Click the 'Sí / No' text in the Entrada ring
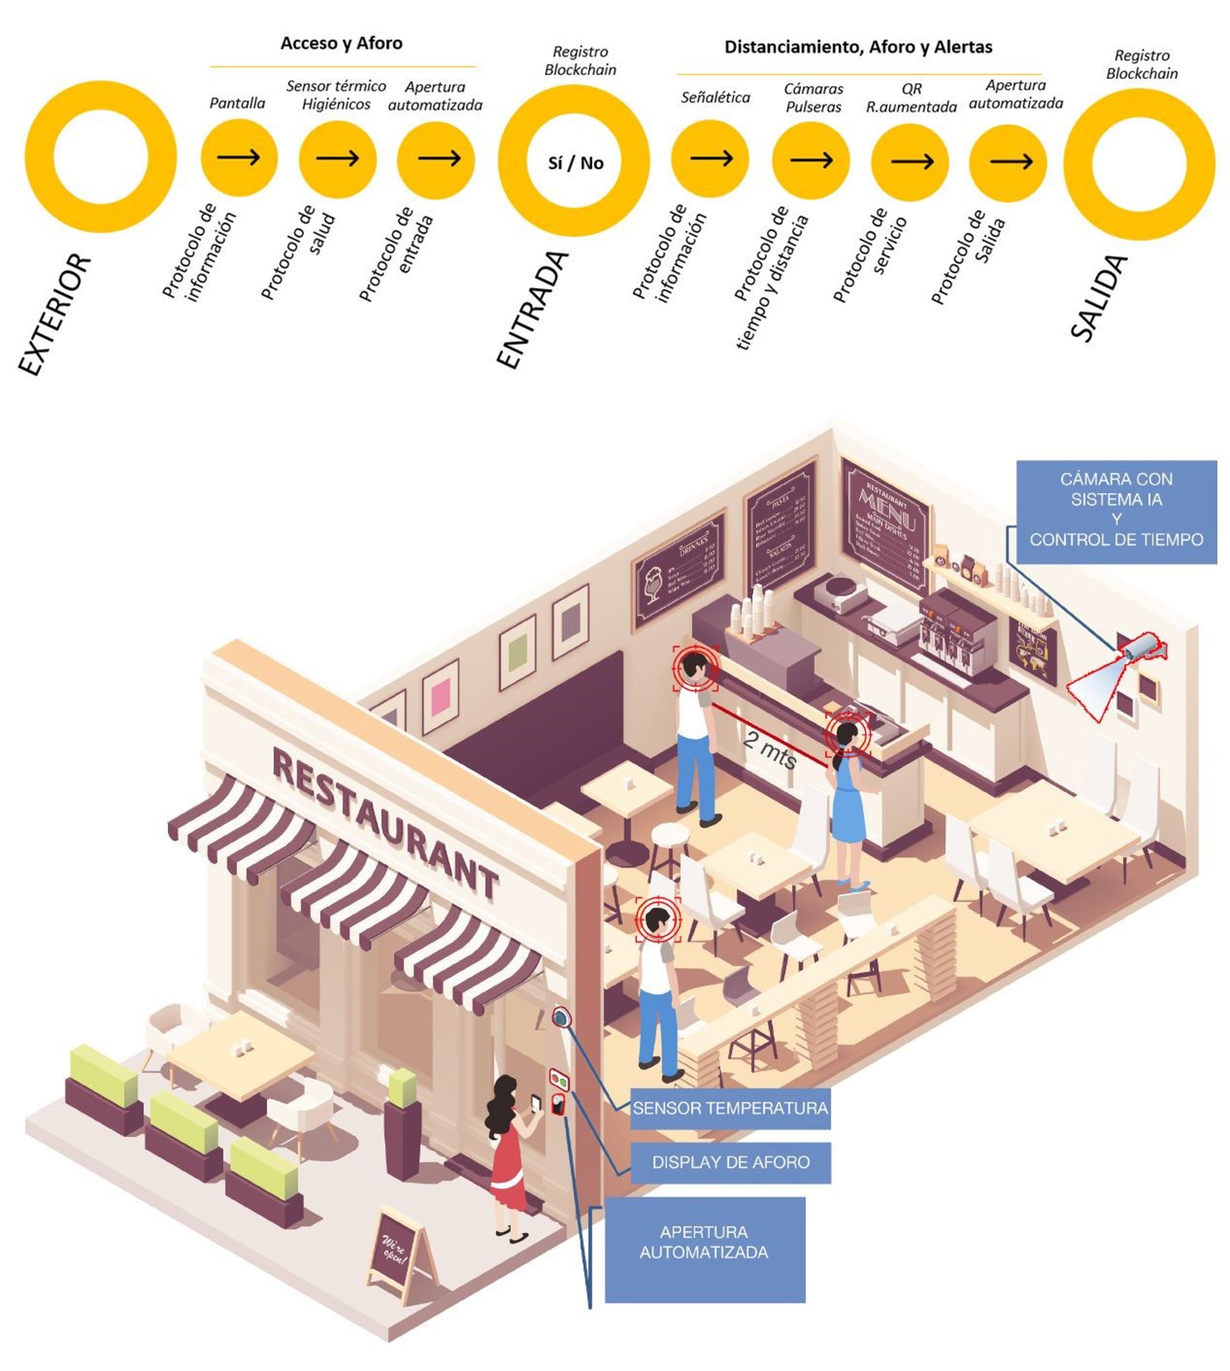coord(575,163)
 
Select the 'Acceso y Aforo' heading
coord(341,44)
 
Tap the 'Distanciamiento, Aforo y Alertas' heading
coord(858,47)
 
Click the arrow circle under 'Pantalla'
coord(238,158)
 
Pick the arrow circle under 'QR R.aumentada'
coord(910,161)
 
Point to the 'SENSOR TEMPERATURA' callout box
coord(730,1108)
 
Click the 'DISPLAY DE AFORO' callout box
coord(730,1162)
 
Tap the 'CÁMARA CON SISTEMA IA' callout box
coord(1116,511)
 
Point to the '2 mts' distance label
coord(770,749)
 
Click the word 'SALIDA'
coord(1098,298)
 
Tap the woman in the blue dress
coord(849,798)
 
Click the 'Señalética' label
coord(715,97)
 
